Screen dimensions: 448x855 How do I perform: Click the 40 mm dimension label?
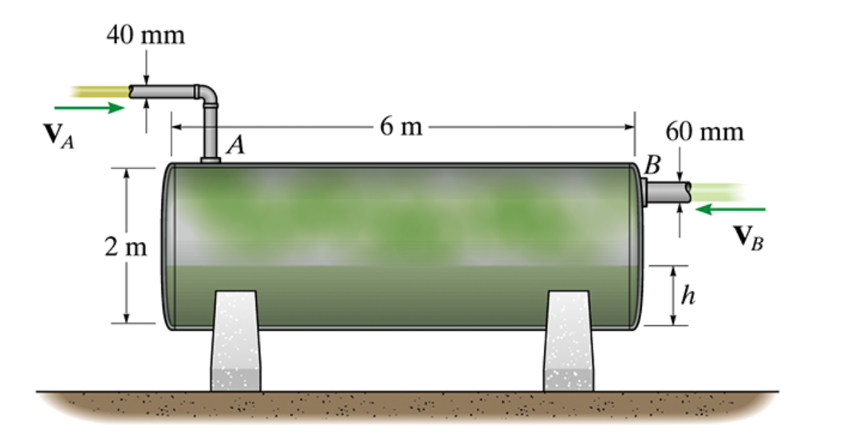point(147,35)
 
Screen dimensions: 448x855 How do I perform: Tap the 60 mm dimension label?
point(704,131)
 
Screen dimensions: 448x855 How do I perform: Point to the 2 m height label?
point(125,247)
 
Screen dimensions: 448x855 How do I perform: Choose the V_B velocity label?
point(747,235)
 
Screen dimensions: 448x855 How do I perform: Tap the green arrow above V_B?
point(730,209)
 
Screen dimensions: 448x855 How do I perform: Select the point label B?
point(653,165)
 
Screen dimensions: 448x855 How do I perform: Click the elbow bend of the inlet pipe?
point(209,93)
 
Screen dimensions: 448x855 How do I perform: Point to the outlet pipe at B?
point(670,192)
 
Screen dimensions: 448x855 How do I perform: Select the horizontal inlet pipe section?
point(163,92)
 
